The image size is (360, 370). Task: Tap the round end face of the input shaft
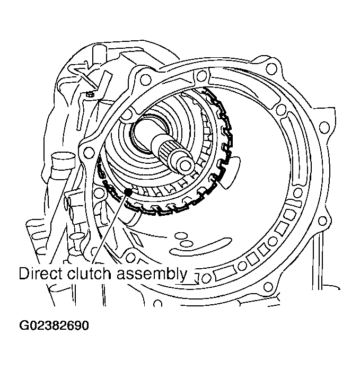[187, 165]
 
